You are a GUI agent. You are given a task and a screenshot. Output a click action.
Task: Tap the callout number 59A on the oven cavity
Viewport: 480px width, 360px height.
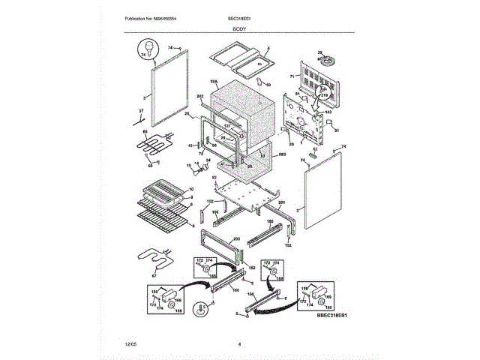(x=214, y=81)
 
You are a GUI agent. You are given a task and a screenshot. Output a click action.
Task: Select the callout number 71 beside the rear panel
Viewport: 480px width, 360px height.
(x=292, y=76)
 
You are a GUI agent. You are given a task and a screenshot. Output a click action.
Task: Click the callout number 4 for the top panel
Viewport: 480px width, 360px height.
(x=268, y=49)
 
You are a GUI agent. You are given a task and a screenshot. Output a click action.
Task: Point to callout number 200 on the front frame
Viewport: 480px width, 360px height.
(x=236, y=238)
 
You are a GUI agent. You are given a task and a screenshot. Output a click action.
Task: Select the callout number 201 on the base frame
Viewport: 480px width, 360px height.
(x=281, y=203)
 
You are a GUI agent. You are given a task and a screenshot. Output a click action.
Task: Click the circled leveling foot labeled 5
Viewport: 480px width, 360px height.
(x=201, y=309)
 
